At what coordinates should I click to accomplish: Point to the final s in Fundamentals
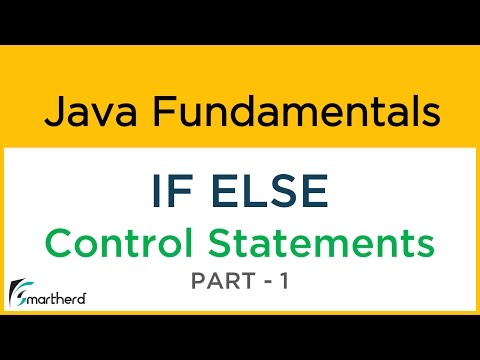click(x=427, y=113)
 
